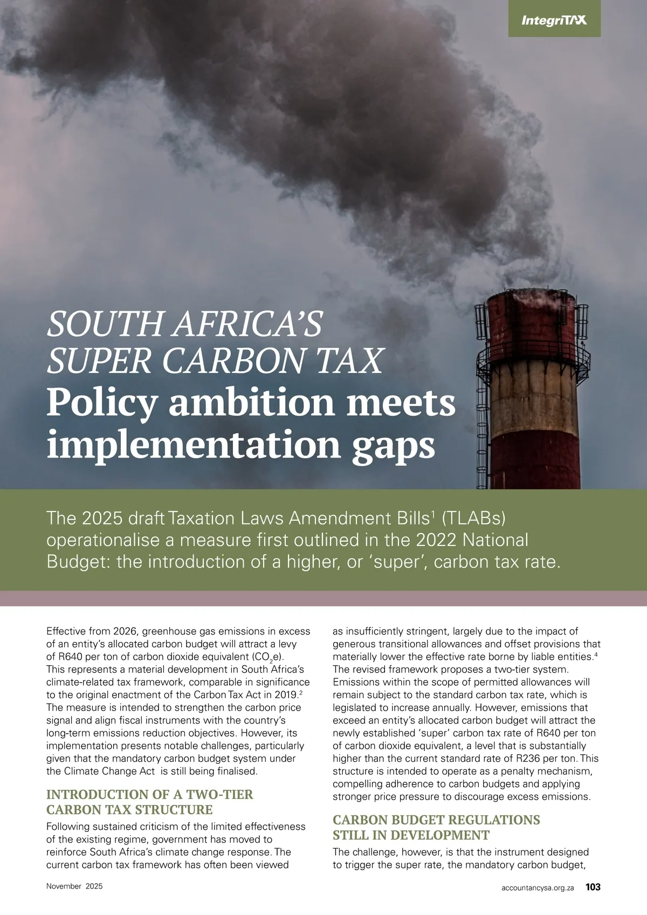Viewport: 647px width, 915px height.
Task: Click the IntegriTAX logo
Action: pyautogui.click(x=554, y=21)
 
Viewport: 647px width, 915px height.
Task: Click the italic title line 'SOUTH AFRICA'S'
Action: pyautogui.click(x=184, y=324)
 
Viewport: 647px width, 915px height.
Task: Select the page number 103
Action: pyautogui.click(x=593, y=886)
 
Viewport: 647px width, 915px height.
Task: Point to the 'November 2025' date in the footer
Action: pyautogui.click(x=74, y=886)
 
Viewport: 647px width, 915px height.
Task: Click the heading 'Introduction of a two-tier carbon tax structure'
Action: pyautogui.click(x=149, y=802)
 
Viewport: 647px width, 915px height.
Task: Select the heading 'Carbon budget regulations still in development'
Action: pyautogui.click(x=436, y=827)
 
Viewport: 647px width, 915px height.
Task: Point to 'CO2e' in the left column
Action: pyautogui.click(x=266, y=657)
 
